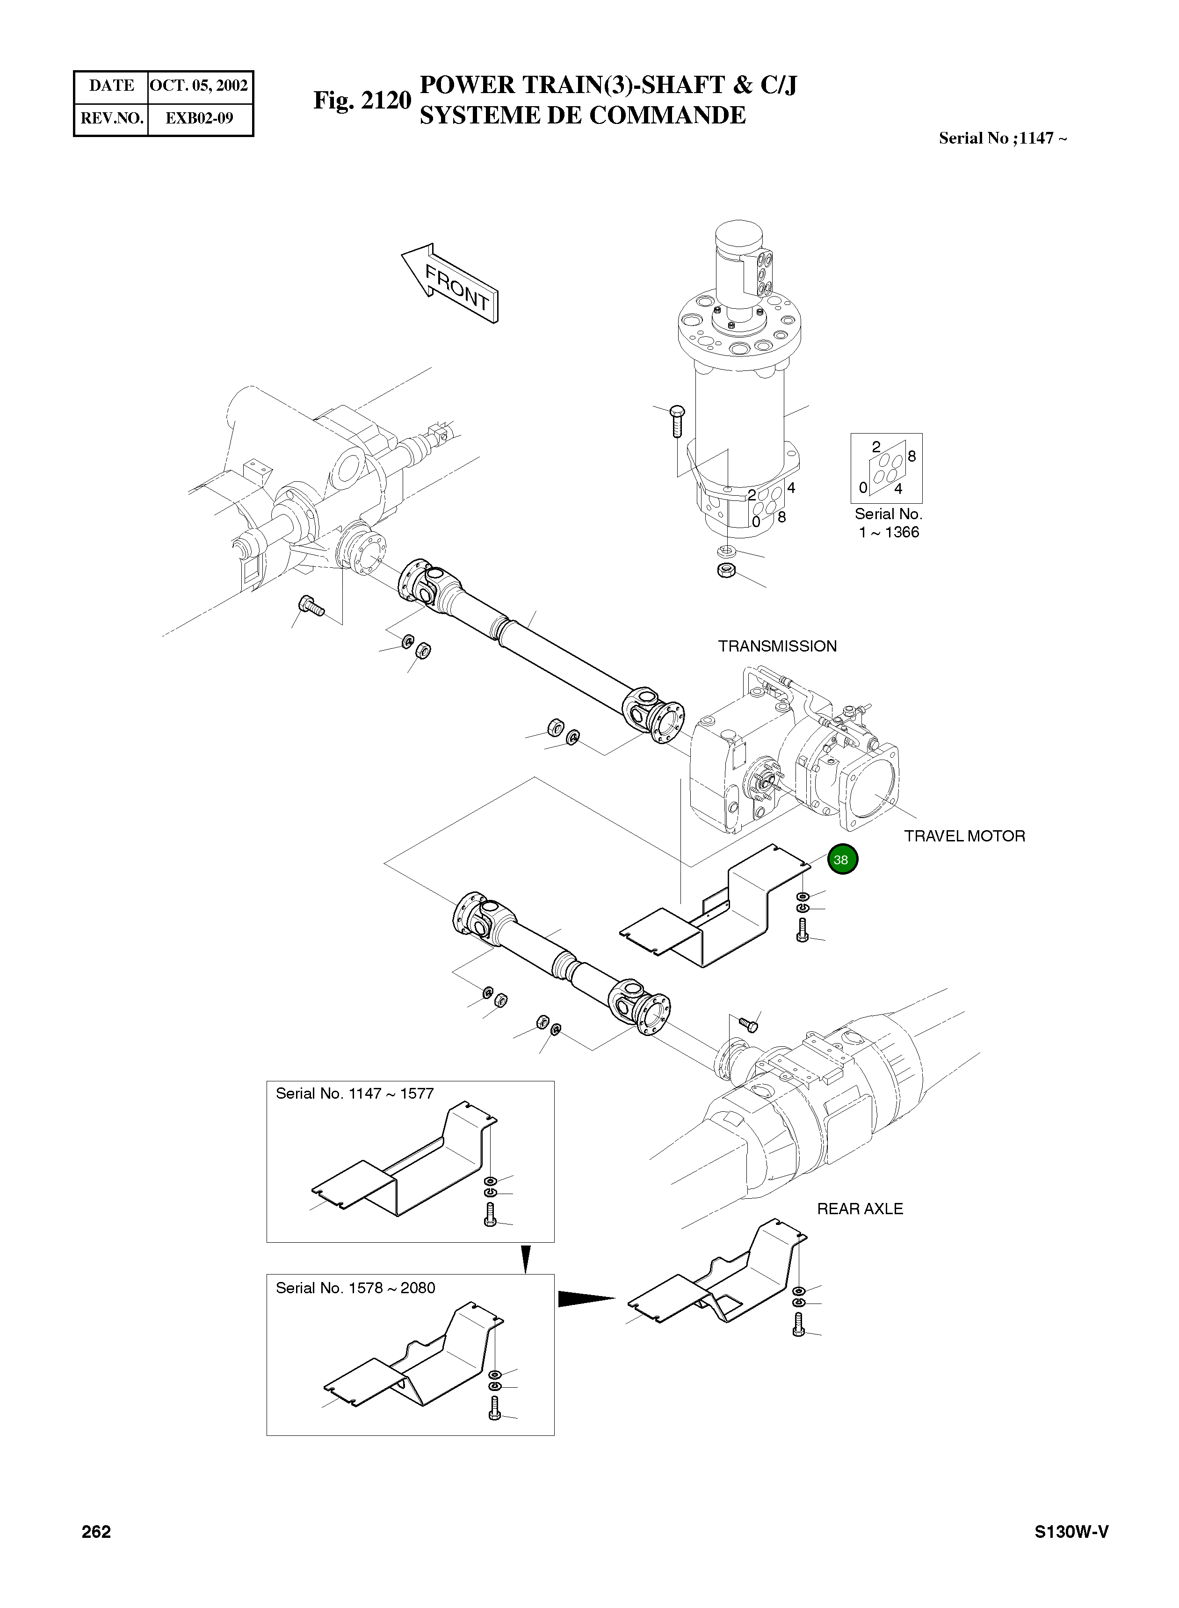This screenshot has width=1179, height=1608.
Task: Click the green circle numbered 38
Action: coord(842,860)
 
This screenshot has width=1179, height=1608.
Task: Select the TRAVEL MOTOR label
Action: coord(964,836)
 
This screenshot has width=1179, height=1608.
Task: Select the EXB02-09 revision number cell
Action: coord(199,118)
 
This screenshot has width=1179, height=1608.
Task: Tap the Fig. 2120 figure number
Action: coord(362,101)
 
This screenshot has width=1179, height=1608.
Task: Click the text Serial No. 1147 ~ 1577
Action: coord(354,1094)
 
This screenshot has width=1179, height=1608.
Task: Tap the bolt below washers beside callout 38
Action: coord(802,931)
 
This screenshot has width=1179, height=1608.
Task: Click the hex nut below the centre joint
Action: coord(726,571)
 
